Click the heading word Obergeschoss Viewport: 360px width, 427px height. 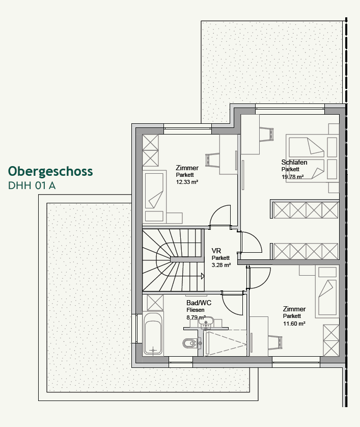[50, 171]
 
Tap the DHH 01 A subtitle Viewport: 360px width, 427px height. [32, 186]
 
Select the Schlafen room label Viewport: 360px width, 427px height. [294, 163]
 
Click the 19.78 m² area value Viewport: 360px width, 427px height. [292, 177]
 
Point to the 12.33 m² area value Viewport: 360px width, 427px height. [187, 181]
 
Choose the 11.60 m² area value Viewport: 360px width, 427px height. [294, 323]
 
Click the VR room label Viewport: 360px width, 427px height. [216, 251]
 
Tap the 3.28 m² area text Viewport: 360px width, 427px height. [221, 265]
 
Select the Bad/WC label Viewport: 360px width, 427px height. [199, 303]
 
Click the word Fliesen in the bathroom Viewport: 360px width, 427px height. [196, 310]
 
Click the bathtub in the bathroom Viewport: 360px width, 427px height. [153, 334]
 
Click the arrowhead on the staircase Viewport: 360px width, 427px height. [203, 276]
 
